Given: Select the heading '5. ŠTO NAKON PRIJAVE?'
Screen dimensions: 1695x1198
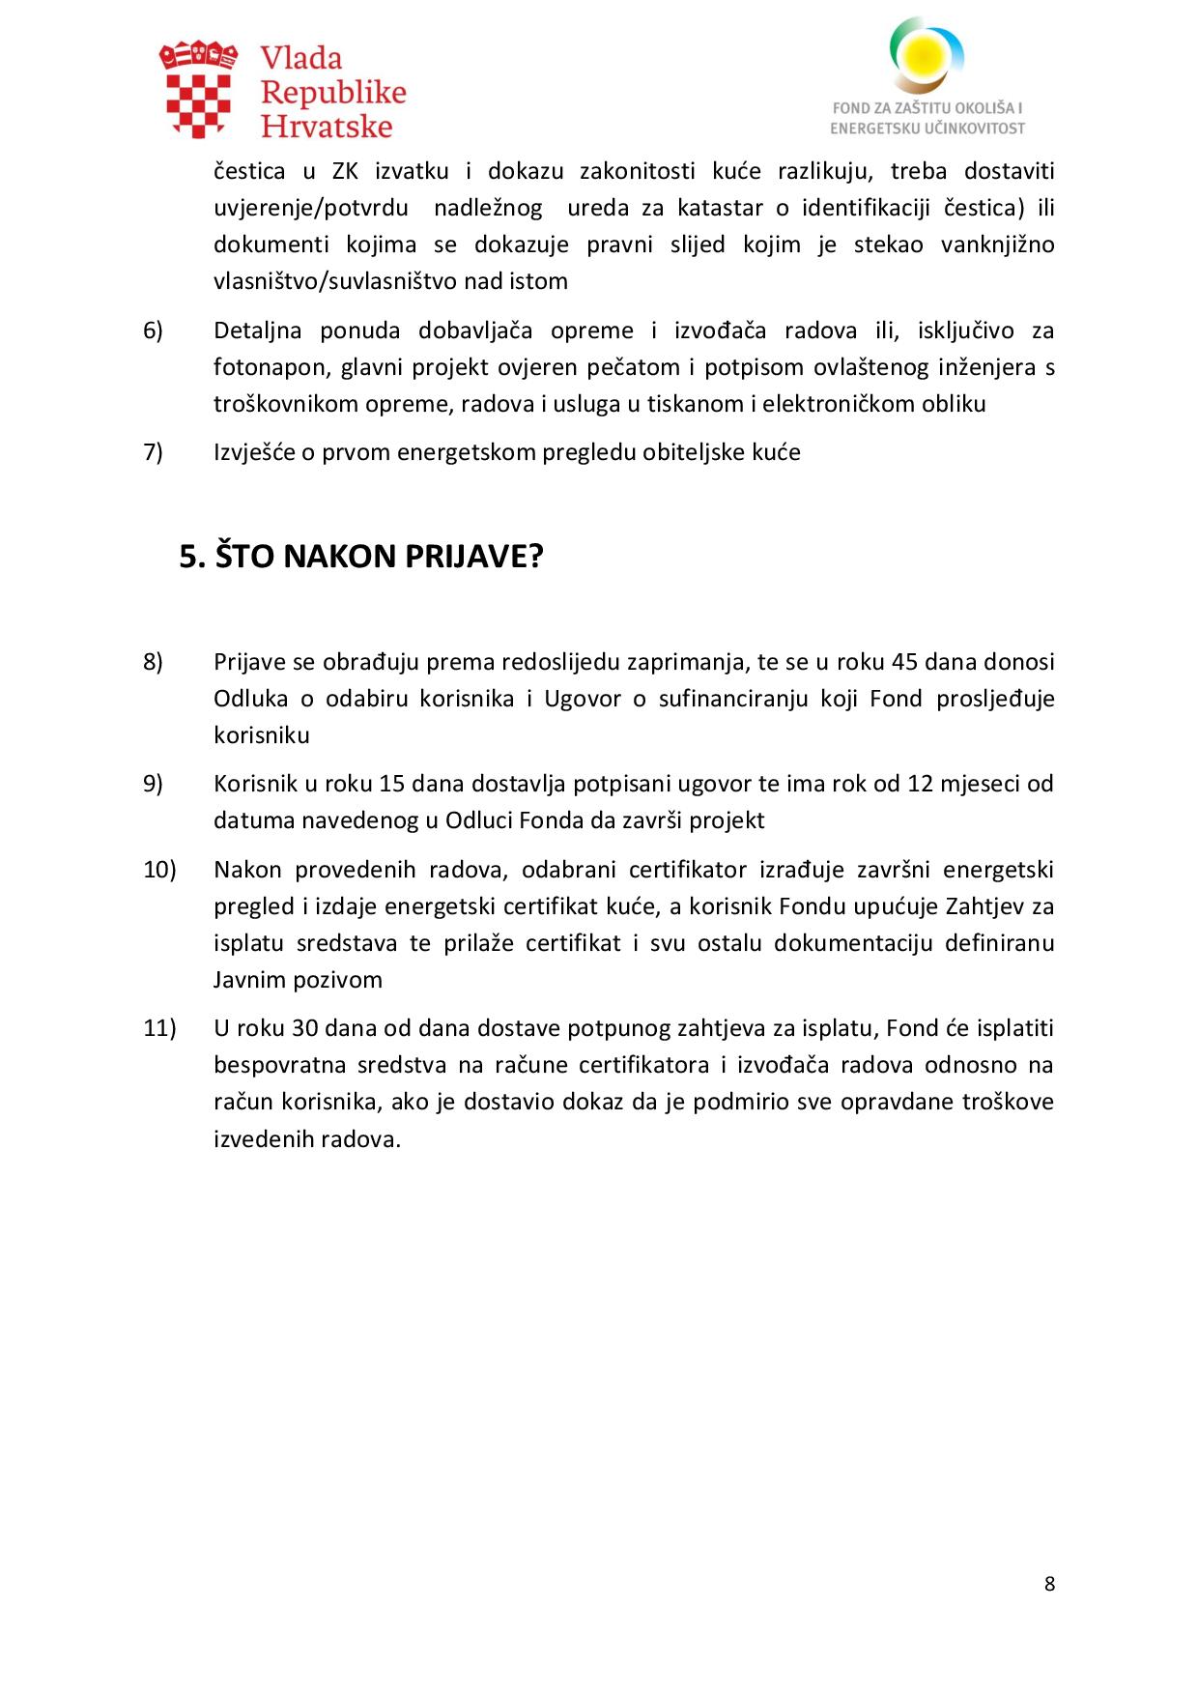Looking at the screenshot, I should tap(361, 557).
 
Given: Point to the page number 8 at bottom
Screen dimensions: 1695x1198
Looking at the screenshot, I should tap(1049, 1584).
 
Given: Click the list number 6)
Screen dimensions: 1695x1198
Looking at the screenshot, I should tap(154, 330).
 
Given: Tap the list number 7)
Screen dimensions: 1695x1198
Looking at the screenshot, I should tap(154, 452).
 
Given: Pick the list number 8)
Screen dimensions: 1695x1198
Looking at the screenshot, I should tap(154, 662).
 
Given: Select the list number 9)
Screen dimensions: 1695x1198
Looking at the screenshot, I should tap(154, 783).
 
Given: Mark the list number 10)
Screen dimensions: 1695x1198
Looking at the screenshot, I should tap(159, 870).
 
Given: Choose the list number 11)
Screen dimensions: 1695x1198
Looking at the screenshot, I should tap(159, 1028).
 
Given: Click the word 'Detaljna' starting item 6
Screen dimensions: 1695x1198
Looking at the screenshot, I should tap(257, 330).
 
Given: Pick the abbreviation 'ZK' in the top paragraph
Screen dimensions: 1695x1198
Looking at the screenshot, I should tap(345, 172).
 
